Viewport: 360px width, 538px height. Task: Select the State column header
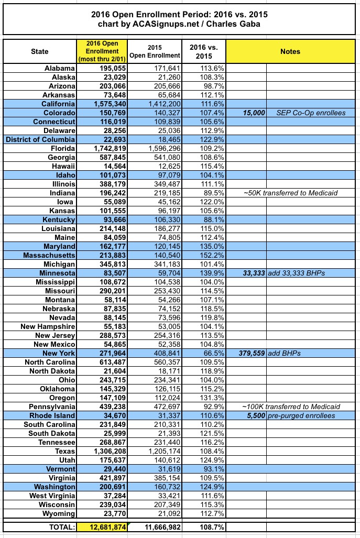pyautogui.click(x=39, y=51)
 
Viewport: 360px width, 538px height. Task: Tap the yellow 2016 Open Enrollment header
pyautogui.click(x=103, y=51)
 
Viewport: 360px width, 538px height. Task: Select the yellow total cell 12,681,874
pyautogui.click(x=103, y=527)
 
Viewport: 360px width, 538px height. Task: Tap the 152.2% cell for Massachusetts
pyautogui.click(x=205, y=255)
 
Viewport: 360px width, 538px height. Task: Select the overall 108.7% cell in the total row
pyautogui.click(x=205, y=527)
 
